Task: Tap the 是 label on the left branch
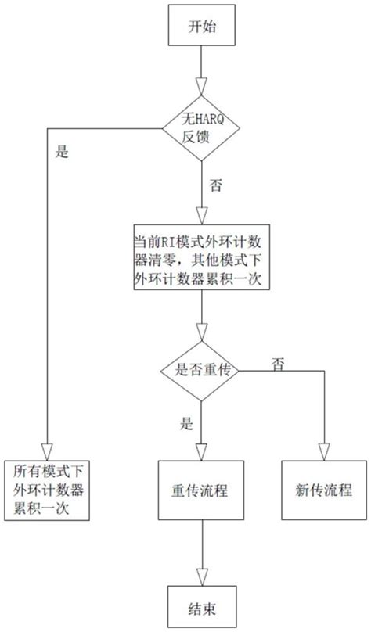click(x=63, y=153)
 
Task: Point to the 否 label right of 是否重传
click(x=276, y=364)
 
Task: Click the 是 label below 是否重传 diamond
click(x=187, y=424)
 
